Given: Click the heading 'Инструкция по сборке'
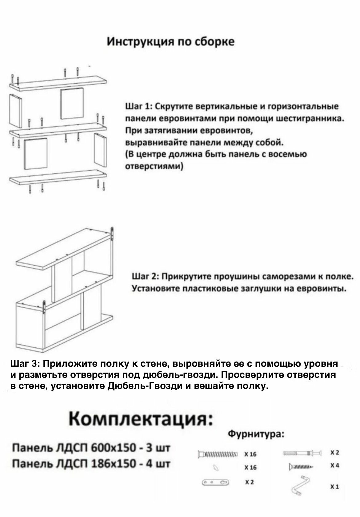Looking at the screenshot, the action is (x=170, y=42).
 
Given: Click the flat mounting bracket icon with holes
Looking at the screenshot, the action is (x=215, y=482).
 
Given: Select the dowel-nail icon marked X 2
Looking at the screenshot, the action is (x=302, y=453).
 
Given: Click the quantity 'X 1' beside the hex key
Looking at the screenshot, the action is (x=335, y=487).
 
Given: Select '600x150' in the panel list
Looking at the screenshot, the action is (x=103, y=447).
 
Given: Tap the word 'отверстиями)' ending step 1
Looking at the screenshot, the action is (x=155, y=167).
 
